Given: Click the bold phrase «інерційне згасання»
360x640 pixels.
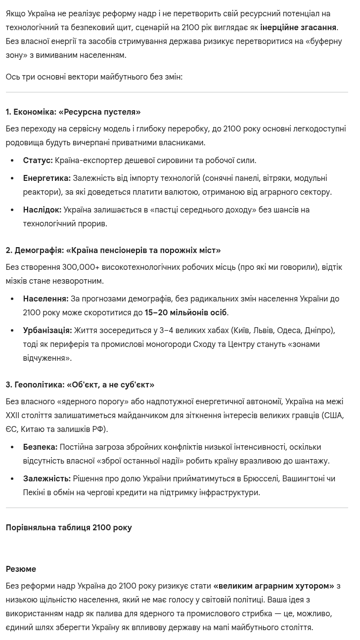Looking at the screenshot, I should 298,28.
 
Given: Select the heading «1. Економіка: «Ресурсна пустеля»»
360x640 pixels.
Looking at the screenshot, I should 73,112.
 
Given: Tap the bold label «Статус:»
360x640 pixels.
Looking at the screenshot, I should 38,161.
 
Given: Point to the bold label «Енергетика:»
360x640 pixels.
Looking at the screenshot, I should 46,178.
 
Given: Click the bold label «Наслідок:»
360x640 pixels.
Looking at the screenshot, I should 42,210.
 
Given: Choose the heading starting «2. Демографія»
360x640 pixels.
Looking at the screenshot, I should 113,251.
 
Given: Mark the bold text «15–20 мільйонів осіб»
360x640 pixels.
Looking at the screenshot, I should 185,313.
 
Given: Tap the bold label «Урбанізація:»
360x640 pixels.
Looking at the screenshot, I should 47,331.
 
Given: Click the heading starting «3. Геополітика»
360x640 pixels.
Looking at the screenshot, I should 80,385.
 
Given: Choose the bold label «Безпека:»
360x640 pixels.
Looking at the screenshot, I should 40,447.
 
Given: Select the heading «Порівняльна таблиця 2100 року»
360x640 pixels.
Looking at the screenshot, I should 69,528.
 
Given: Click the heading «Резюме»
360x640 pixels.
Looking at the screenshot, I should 21,569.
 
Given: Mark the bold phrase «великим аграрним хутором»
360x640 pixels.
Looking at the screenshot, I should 273,586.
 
